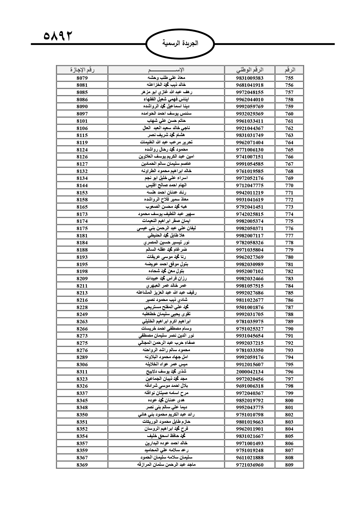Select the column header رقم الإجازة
82,70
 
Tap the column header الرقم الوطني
249,70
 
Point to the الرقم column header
289,70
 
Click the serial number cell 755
289,78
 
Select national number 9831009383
249,78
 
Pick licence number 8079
82,78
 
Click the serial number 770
289,185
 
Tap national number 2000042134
249,372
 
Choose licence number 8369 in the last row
82,465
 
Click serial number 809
289,465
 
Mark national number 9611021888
249,458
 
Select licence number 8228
82,307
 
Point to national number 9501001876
249,307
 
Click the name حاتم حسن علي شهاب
166,121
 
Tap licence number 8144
82,185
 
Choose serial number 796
289,372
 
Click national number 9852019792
249,400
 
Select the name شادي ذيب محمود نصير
166,300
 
